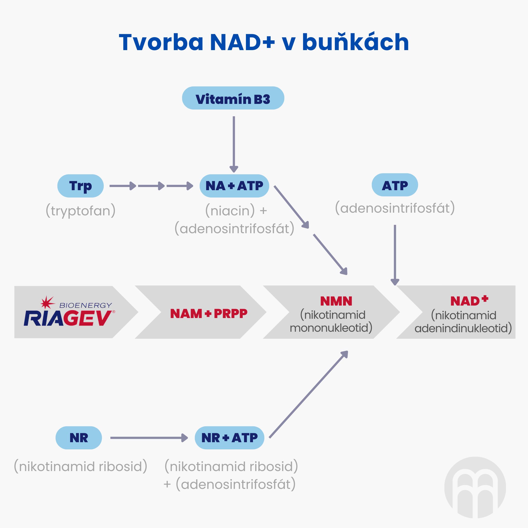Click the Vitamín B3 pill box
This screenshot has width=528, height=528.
coord(233,98)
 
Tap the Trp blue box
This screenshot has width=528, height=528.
coord(80,186)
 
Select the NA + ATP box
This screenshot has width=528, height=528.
coord(234,186)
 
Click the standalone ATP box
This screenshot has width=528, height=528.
coord(395,185)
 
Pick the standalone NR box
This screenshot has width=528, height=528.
coord(79,438)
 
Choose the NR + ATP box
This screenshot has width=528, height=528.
coord(229,438)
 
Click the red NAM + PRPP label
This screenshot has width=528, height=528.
coord(209,313)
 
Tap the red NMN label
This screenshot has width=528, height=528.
coord(336,301)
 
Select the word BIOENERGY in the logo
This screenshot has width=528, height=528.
coord(86,305)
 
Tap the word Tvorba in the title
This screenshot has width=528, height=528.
coord(161,42)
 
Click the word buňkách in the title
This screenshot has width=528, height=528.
coord(355,42)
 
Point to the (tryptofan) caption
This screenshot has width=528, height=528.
coord(81,211)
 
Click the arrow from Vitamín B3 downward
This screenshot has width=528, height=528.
coord(234,143)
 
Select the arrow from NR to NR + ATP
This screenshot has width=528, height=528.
coord(149,438)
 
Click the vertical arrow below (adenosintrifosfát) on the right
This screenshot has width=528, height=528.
coord(395,254)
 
